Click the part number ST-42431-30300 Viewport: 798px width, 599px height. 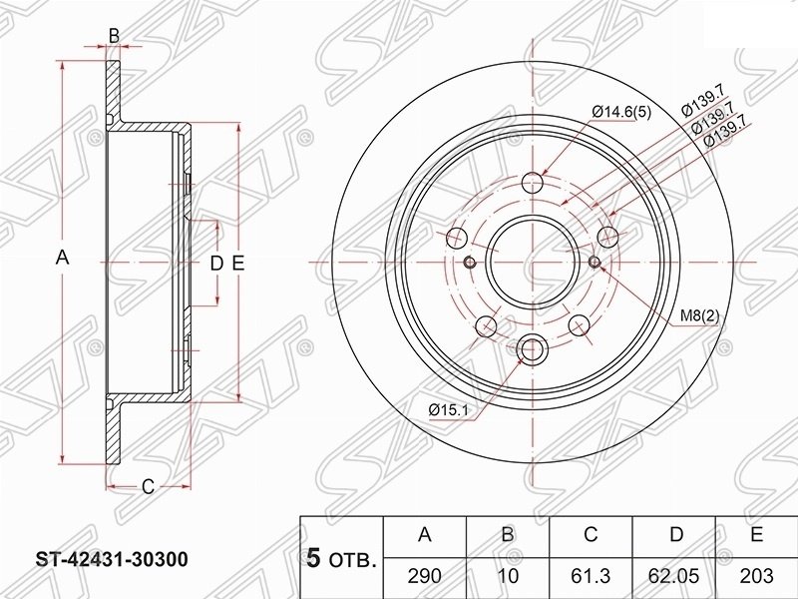click(x=112, y=559)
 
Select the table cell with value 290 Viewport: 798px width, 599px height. click(x=425, y=577)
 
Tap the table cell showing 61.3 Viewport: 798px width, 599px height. click(x=591, y=577)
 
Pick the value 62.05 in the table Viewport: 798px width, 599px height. click(x=674, y=577)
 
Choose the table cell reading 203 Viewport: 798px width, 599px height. click(x=757, y=577)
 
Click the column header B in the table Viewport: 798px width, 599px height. click(x=508, y=534)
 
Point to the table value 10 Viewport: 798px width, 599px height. click(x=508, y=577)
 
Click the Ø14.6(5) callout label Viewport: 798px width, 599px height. click(x=621, y=112)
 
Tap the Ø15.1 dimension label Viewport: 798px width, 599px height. click(x=448, y=409)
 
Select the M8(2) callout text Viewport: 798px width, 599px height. click(x=700, y=316)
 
